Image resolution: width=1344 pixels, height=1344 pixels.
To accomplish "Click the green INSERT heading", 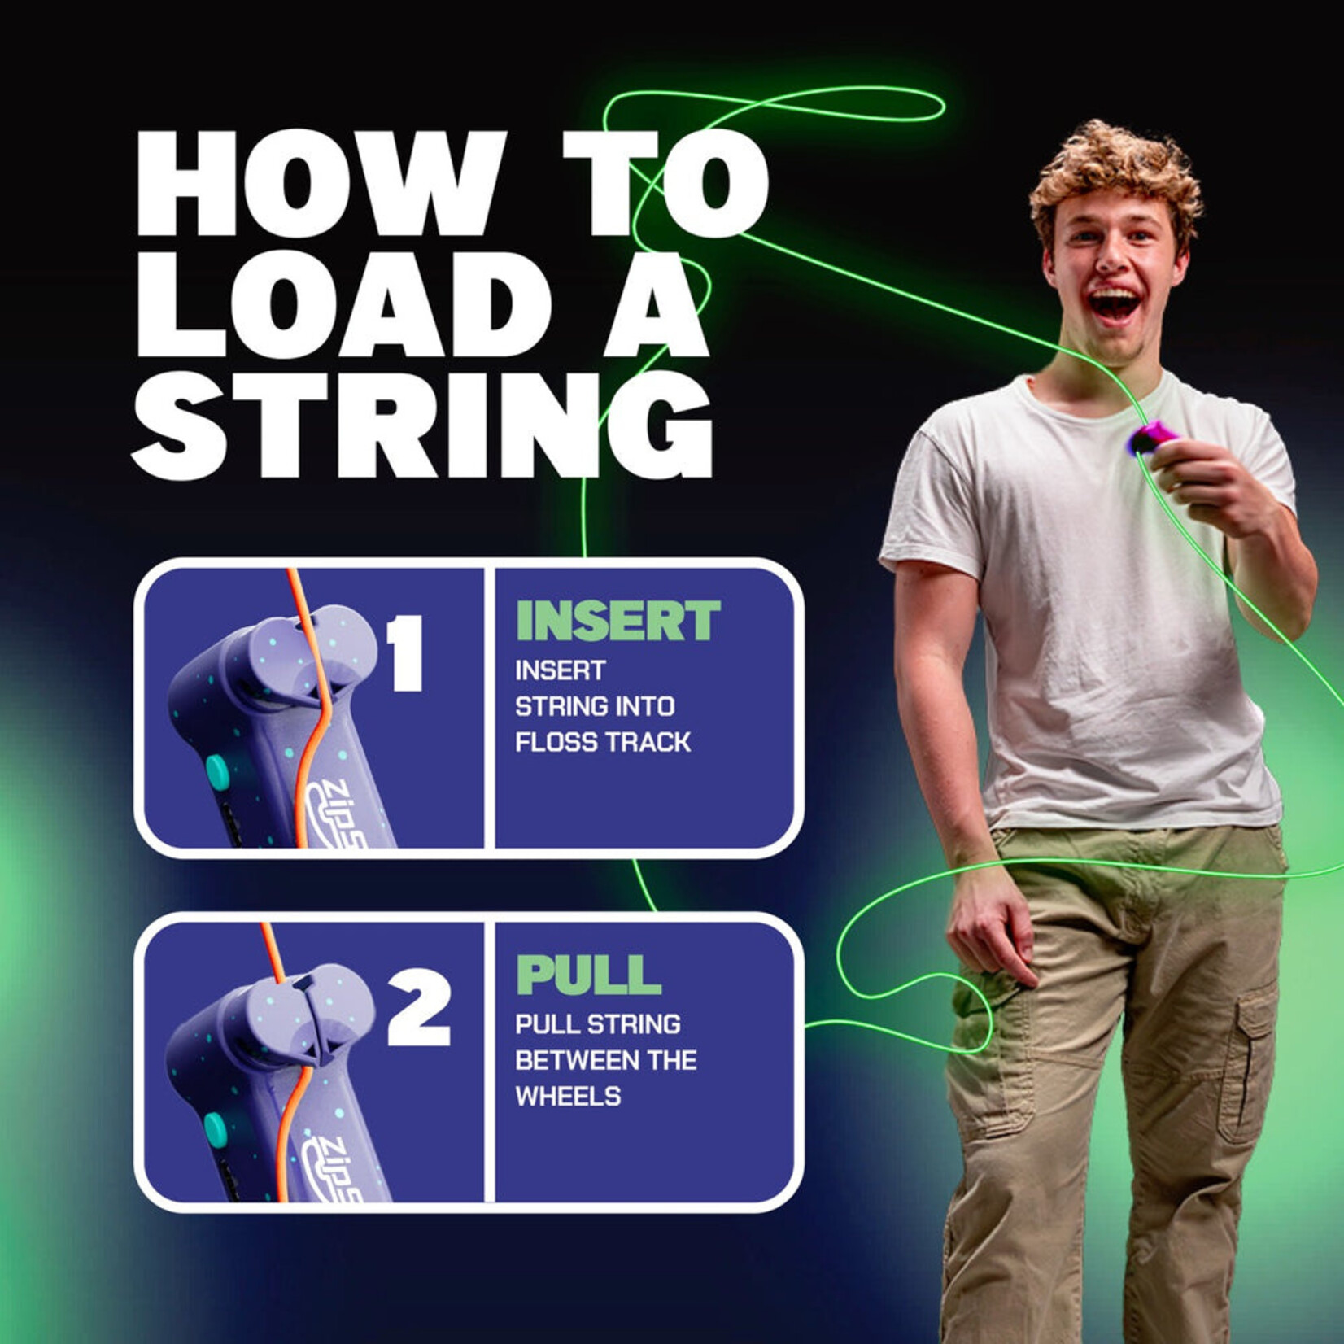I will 618,622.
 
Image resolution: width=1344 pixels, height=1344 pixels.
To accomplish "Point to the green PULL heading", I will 589,975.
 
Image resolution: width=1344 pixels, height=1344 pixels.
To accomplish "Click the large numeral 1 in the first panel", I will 405,652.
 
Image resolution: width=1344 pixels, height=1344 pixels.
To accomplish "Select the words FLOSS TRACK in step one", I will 603,742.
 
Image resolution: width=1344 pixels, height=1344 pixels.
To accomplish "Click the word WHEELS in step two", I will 568,1097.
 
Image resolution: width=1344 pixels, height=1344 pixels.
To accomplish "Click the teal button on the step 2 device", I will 215,1128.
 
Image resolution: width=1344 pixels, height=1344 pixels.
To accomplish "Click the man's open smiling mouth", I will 1115,304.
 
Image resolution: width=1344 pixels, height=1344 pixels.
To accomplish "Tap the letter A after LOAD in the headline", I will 655,304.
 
